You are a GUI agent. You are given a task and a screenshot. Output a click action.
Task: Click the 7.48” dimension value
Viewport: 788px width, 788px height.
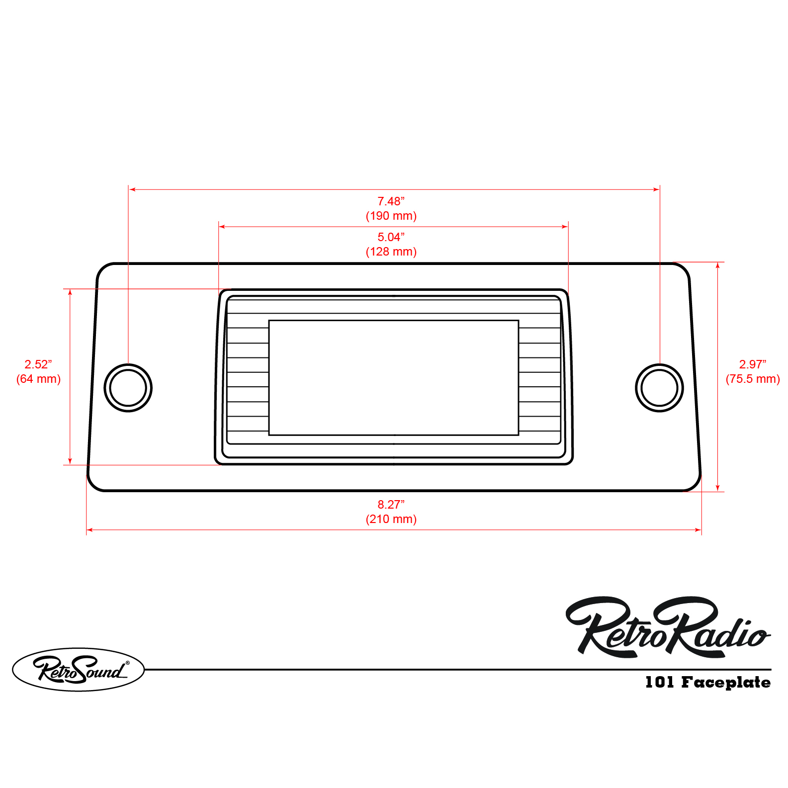(x=391, y=201)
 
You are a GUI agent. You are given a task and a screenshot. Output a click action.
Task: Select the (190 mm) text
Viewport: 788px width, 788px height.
(x=391, y=216)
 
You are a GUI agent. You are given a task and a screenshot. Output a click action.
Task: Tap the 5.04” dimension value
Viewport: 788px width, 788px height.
(x=391, y=237)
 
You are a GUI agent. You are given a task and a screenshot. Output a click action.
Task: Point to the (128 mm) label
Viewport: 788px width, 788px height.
(x=391, y=252)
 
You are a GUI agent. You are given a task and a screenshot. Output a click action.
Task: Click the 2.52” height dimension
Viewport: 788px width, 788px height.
(x=38, y=364)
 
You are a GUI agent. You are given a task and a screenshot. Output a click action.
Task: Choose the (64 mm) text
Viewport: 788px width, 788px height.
(x=38, y=379)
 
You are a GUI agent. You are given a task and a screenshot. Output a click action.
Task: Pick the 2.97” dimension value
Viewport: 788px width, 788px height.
(x=752, y=364)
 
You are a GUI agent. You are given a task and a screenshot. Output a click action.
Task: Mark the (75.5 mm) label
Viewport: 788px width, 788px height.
(x=752, y=379)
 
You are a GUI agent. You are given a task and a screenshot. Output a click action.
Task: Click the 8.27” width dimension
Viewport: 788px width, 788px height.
(x=391, y=505)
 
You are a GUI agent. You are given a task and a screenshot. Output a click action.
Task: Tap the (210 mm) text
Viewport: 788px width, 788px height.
(x=391, y=519)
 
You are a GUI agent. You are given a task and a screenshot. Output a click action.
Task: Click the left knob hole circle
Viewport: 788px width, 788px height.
(x=128, y=388)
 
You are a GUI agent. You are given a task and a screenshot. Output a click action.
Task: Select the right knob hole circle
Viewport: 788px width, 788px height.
(x=659, y=388)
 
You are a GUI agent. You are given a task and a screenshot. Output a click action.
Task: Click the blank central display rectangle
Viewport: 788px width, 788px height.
(x=393, y=377)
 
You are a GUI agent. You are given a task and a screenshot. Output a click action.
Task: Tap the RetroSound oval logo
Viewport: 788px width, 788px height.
(x=78, y=669)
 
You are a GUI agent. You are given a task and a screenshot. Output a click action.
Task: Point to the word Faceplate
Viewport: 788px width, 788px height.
(x=726, y=682)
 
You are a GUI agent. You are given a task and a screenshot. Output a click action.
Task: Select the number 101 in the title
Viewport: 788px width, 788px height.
(x=659, y=682)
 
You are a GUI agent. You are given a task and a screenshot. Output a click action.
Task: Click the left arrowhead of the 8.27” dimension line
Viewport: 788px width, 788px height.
(x=89, y=530)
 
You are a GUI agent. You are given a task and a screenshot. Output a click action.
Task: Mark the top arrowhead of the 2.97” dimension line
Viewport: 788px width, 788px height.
(x=717, y=265)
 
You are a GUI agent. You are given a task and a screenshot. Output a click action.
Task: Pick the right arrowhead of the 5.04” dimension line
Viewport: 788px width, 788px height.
(x=565, y=227)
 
